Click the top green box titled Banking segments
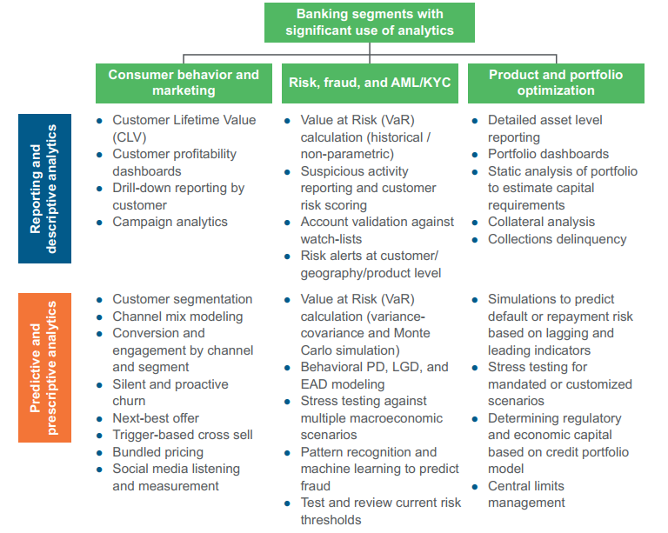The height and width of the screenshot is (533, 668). click(x=370, y=23)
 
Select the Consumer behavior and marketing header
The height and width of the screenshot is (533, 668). click(x=184, y=83)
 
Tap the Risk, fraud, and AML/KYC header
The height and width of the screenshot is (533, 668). click(x=370, y=83)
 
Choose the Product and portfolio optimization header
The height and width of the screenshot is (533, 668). click(x=556, y=83)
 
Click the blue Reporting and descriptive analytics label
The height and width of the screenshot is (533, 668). click(x=44, y=189)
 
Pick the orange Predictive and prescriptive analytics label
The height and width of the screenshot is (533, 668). click(x=44, y=367)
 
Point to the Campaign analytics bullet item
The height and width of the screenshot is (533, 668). click(x=170, y=222)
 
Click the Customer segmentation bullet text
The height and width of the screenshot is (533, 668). click(x=183, y=299)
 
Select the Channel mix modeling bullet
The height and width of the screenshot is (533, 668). click(x=177, y=316)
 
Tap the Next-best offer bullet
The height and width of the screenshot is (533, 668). click(x=157, y=418)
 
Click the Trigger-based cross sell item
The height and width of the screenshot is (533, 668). click(x=183, y=435)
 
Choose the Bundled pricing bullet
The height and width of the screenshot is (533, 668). click(x=157, y=452)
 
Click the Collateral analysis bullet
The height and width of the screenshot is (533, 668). click(x=541, y=222)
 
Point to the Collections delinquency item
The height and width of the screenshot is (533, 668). click(x=557, y=239)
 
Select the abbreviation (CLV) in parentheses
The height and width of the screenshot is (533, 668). click(x=130, y=137)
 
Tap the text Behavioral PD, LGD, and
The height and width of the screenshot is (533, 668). click(x=375, y=367)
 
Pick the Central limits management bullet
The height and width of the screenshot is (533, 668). click(x=526, y=494)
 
